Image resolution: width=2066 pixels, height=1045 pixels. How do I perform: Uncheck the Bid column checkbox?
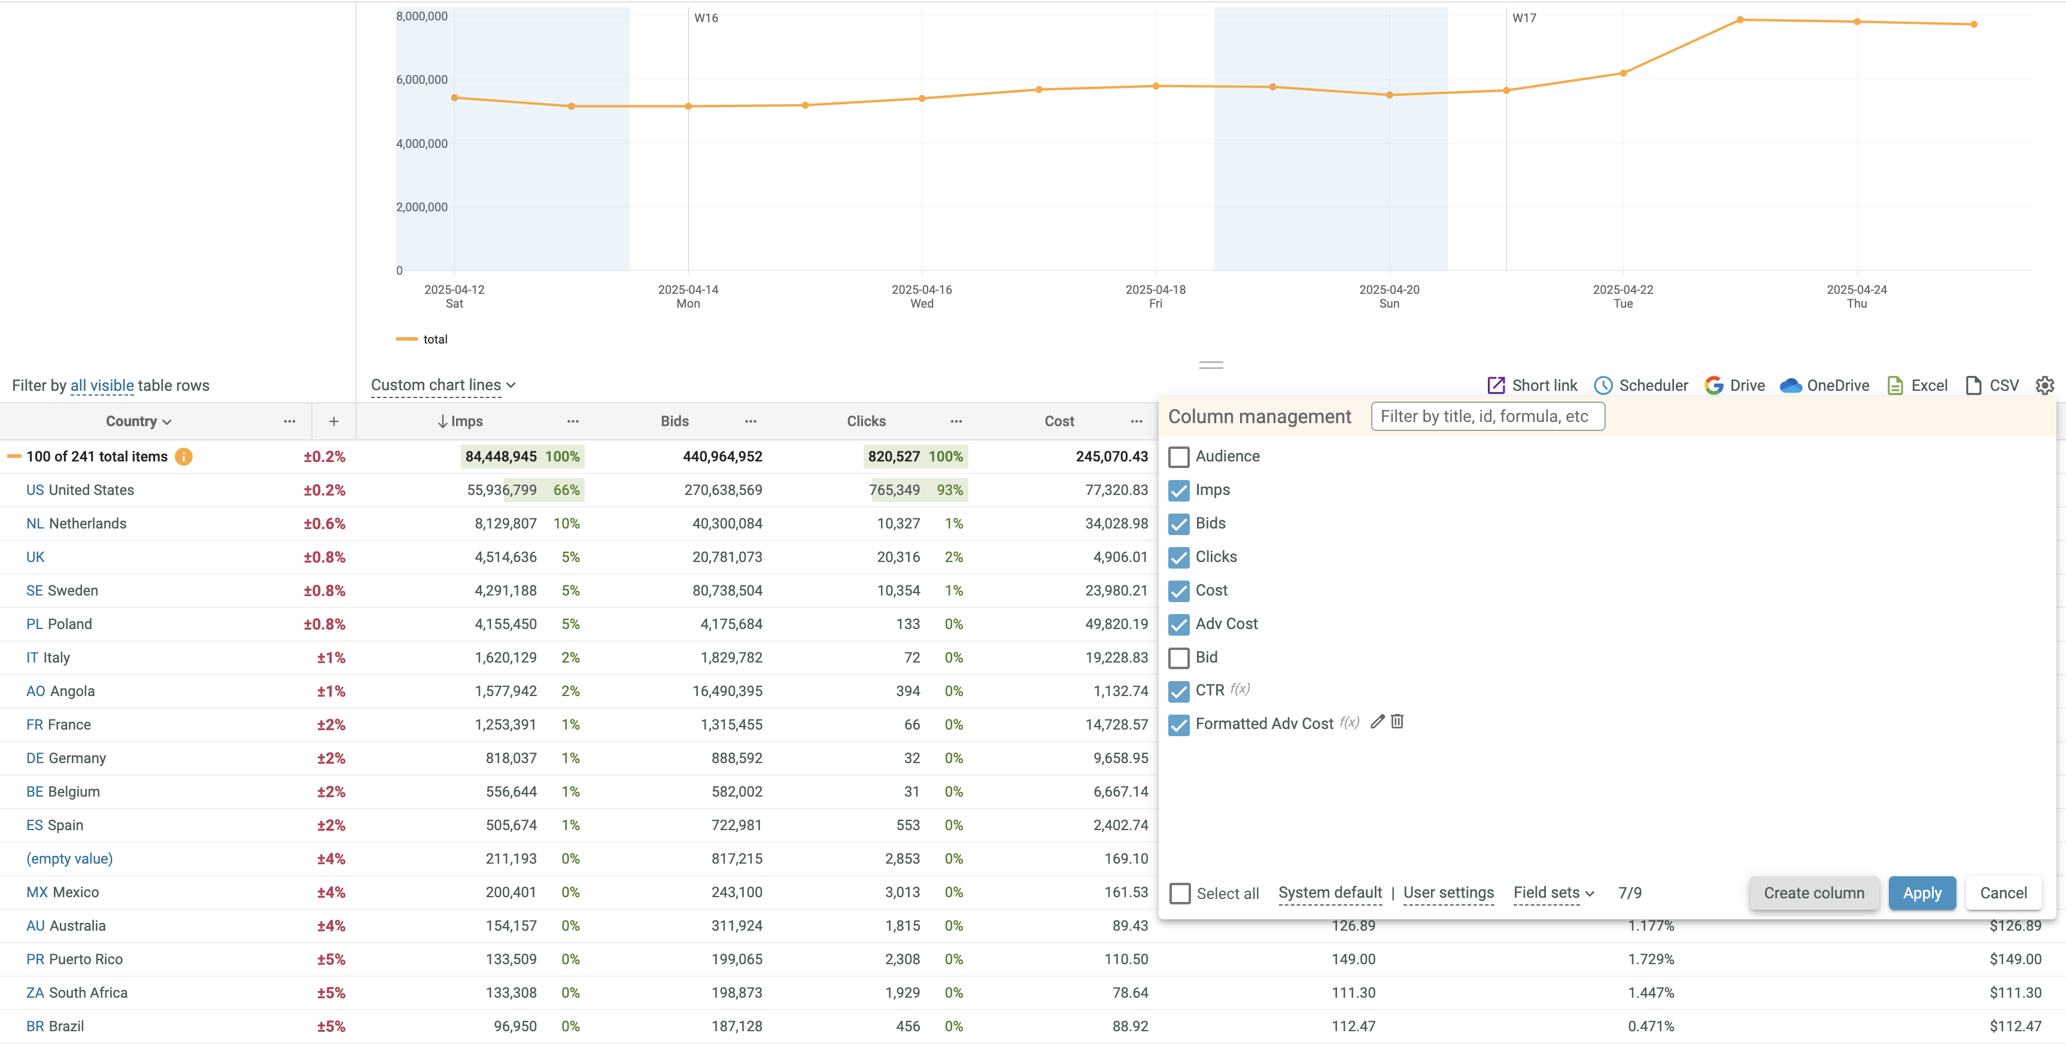(x=1178, y=658)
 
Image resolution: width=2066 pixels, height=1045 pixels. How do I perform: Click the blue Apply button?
(x=1922, y=892)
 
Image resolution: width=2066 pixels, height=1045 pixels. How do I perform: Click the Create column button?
(x=1813, y=892)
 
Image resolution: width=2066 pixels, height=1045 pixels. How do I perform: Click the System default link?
(x=1330, y=892)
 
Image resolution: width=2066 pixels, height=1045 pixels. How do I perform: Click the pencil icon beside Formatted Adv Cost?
(x=1377, y=722)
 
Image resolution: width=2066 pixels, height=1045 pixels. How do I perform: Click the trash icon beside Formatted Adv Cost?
(x=1397, y=722)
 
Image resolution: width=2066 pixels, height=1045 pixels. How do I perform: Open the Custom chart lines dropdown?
(x=443, y=385)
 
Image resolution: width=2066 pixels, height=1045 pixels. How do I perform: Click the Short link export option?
(x=1532, y=385)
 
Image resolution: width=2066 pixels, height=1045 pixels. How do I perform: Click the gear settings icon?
(x=2044, y=385)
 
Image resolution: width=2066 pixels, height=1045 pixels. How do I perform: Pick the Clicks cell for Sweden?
(x=898, y=590)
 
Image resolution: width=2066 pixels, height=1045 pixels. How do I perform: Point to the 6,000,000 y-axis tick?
(x=422, y=80)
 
